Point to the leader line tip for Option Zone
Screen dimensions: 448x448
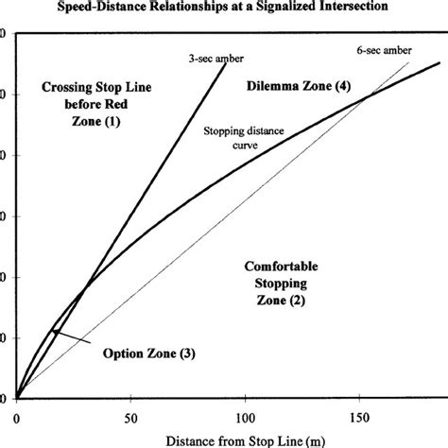click(55, 331)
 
